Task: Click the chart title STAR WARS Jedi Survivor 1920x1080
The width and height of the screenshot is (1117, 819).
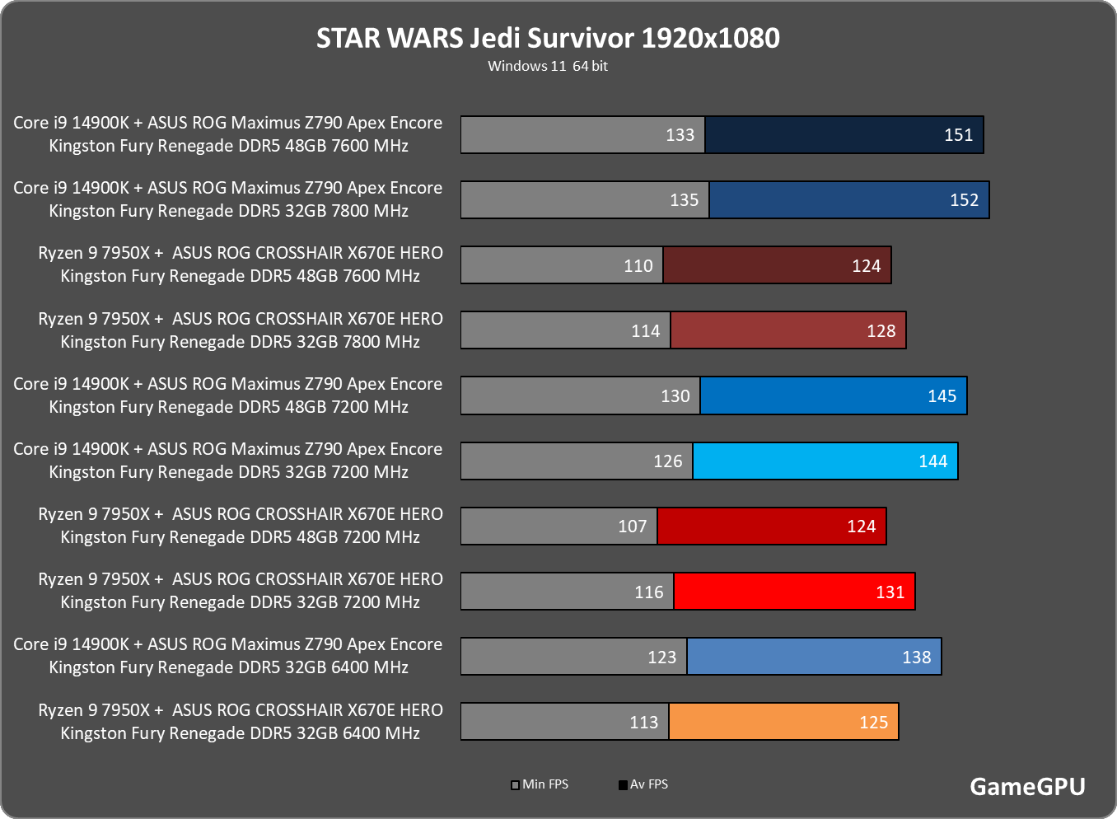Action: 548,38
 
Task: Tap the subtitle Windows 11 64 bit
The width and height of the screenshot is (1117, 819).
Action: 548,66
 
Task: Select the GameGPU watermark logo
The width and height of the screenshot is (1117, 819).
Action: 1027,787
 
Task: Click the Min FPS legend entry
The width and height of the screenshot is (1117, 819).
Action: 540,784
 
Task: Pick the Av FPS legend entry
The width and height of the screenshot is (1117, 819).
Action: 643,784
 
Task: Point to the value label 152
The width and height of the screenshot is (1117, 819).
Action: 964,200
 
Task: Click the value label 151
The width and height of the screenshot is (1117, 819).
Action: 958,134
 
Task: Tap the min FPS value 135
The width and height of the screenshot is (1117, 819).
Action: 685,200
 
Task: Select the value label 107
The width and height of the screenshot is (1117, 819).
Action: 633,526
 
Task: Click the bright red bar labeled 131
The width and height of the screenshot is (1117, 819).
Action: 794,591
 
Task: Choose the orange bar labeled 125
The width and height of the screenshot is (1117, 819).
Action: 784,721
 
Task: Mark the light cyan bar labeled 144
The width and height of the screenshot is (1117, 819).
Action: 825,461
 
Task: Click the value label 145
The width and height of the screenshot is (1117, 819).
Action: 942,396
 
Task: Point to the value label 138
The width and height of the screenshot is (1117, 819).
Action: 917,657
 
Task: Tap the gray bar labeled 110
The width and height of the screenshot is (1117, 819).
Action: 562,264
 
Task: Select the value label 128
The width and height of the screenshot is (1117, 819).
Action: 881,330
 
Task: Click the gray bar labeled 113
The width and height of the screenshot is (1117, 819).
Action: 565,721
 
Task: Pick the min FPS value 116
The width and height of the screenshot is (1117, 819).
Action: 649,592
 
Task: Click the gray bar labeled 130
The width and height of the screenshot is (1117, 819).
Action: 581,395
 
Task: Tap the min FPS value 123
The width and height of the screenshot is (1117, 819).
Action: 661,657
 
